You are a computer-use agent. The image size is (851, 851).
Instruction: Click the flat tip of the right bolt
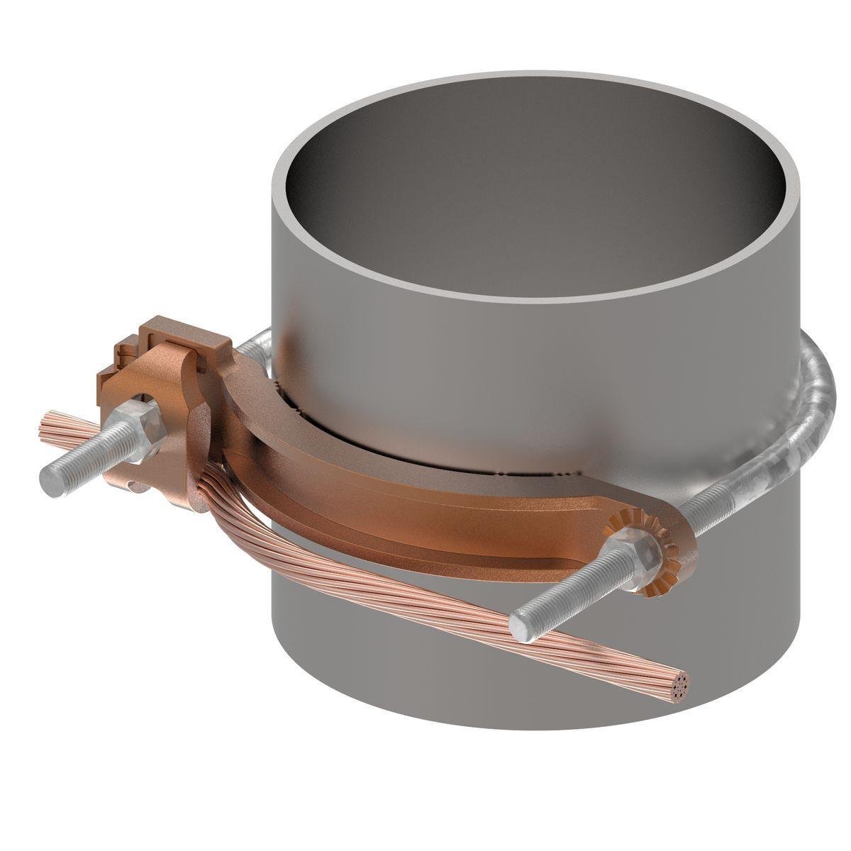(x=520, y=619)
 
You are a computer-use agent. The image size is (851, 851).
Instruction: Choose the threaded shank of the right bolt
(x=567, y=585)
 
